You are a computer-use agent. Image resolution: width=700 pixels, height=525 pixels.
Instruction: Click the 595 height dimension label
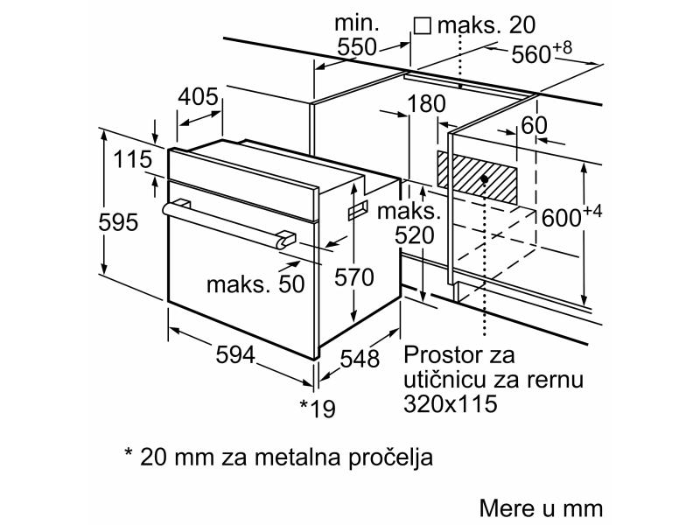coord(118,222)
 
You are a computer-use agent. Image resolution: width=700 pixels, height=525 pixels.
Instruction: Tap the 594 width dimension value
coord(235,355)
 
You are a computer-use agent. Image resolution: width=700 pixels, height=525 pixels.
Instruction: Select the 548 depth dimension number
coord(360,359)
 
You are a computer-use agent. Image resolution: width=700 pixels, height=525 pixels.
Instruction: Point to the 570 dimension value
coord(354,277)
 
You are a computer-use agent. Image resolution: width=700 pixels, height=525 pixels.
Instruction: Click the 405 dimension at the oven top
coord(199,97)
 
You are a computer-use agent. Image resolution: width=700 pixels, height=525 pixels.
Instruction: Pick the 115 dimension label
coord(133,159)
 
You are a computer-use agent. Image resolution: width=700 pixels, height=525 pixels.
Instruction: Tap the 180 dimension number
coord(426,103)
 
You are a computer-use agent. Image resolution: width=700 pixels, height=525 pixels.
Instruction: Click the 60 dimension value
coord(534,125)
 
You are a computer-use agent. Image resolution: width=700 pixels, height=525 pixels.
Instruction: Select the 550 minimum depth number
coord(357,46)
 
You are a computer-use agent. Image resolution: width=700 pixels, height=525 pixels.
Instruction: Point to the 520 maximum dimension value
coord(414,235)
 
